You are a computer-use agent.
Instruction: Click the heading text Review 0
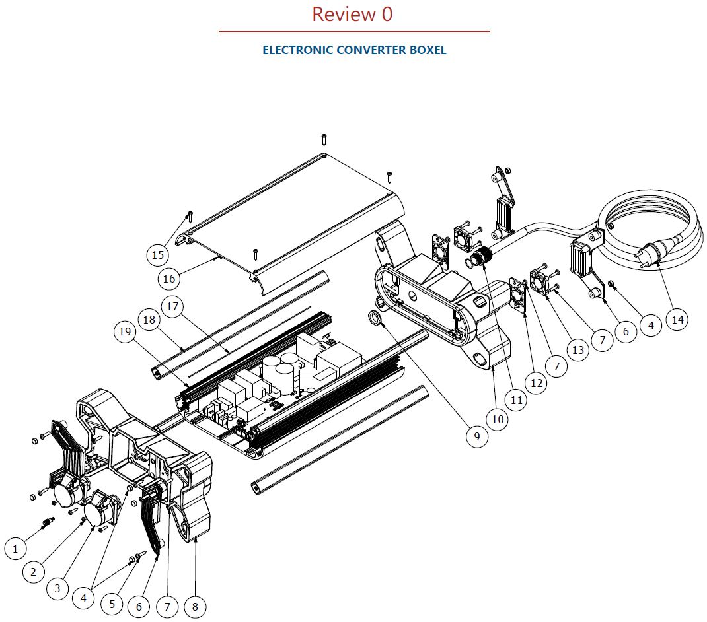coord(352,14)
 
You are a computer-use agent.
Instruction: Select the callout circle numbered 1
coord(16,547)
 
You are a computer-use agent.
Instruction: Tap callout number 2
coord(34,571)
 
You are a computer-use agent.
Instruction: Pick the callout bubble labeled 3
coord(57,588)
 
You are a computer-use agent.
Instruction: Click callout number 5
coord(112,604)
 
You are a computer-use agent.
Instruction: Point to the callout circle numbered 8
coord(195,605)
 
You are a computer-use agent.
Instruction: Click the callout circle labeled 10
coord(498,419)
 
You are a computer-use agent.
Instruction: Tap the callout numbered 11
coord(516,399)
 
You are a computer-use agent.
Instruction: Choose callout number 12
coord(536,382)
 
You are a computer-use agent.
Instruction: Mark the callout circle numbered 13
coord(578,349)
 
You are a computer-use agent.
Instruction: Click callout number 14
coord(677,320)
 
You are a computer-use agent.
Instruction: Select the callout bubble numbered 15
coord(157,254)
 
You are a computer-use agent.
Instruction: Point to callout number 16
coord(169,279)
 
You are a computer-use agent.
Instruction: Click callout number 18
coord(149,320)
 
